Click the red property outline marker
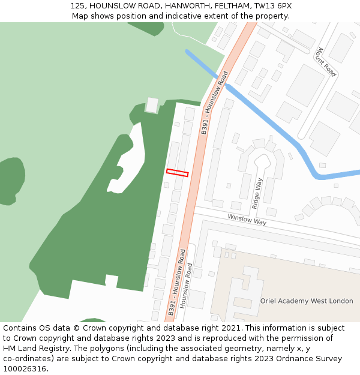pos(177,173)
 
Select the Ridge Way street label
pos(257,193)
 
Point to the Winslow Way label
pos(247,220)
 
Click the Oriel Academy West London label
pos(307,301)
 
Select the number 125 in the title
pos(77,5)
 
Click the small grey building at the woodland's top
pos(152,106)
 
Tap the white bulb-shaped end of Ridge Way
pos(262,160)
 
